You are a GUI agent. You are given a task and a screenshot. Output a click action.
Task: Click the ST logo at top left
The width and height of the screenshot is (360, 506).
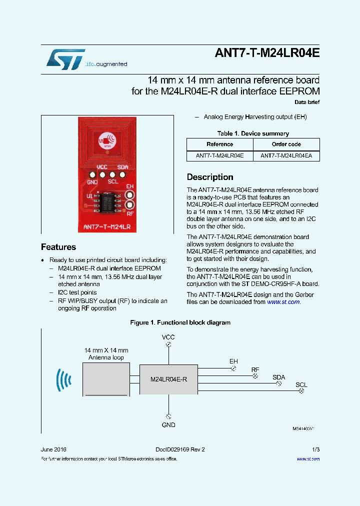pyautogui.click(x=65, y=58)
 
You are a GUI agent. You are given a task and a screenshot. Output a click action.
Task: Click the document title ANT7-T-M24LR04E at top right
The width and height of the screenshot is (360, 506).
pyautogui.click(x=266, y=53)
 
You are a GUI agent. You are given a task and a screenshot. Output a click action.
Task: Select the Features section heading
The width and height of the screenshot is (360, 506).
pyautogui.click(x=58, y=247)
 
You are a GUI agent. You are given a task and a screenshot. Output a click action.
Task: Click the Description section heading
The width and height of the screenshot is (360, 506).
pyautogui.click(x=210, y=177)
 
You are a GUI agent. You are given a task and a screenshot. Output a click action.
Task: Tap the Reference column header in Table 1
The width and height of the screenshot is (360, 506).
pyautogui.click(x=219, y=144)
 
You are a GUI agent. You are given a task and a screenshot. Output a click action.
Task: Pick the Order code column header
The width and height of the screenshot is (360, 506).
pyautogui.click(x=286, y=144)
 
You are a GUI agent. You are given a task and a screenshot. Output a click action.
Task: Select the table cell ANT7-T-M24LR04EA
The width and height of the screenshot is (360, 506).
pyautogui.click(x=286, y=156)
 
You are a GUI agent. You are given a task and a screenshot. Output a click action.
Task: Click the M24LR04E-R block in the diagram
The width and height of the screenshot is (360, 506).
pyautogui.click(x=168, y=379)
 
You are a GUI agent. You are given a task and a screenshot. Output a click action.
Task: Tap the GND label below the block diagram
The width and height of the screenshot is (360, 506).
pyautogui.click(x=168, y=425)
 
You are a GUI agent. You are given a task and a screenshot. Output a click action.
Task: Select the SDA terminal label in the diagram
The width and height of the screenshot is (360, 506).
pyautogui.click(x=278, y=377)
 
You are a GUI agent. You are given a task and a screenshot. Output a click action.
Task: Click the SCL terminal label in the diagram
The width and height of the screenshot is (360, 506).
pyautogui.click(x=301, y=385)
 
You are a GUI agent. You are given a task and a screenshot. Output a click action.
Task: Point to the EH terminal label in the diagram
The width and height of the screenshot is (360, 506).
pyautogui.click(x=233, y=361)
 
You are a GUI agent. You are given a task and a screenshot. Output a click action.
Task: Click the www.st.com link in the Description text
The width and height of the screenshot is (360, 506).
pyautogui.click(x=283, y=302)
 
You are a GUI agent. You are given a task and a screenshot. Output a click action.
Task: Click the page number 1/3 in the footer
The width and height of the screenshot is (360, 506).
pyautogui.click(x=315, y=449)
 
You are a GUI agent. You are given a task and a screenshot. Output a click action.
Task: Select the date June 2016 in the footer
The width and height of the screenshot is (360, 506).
pyautogui.click(x=53, y=449)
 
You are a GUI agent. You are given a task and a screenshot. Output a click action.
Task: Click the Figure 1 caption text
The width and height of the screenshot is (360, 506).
pyautogui.click(x=180, y=322)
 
